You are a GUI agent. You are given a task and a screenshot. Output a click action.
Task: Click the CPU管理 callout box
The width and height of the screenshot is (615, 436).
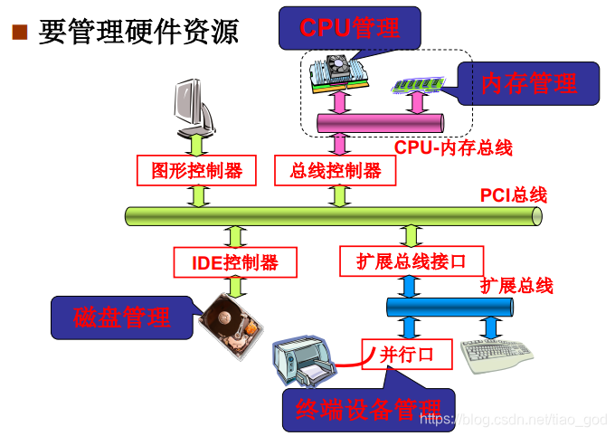pyautogui.click(x=349, y=27)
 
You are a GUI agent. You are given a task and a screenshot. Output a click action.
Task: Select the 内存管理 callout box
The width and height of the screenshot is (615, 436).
pyautogui.click(x=528, y=84)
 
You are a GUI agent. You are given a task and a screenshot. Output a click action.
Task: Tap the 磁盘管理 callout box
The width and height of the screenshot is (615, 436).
pyautogui.click(x=122, y=318)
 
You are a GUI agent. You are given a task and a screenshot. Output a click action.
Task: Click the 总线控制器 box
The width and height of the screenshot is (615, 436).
pyautogui.click(x=336, y=170)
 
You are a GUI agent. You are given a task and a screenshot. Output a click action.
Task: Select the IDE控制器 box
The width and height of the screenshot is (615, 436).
pyautogui.click(x=236, y=262)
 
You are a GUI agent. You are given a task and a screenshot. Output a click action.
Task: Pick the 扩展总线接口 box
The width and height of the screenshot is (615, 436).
pyautogui.click(x=412, y=261)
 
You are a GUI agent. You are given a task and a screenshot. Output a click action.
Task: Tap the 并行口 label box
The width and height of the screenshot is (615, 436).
pyautogui.click(x=405, y=354)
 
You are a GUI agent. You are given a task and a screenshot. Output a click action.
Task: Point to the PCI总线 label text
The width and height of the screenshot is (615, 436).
pyautogui.click(x=513, y=194)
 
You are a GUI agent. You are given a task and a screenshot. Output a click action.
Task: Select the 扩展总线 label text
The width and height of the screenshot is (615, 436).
pyautogui.click(x=516, y=286)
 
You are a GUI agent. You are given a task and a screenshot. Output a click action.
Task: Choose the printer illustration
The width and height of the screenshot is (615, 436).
pyautogui.click(x=303, y=360)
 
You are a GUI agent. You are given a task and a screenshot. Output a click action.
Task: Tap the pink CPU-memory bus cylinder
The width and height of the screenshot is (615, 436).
pyautogui.click(x=380, y=123)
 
